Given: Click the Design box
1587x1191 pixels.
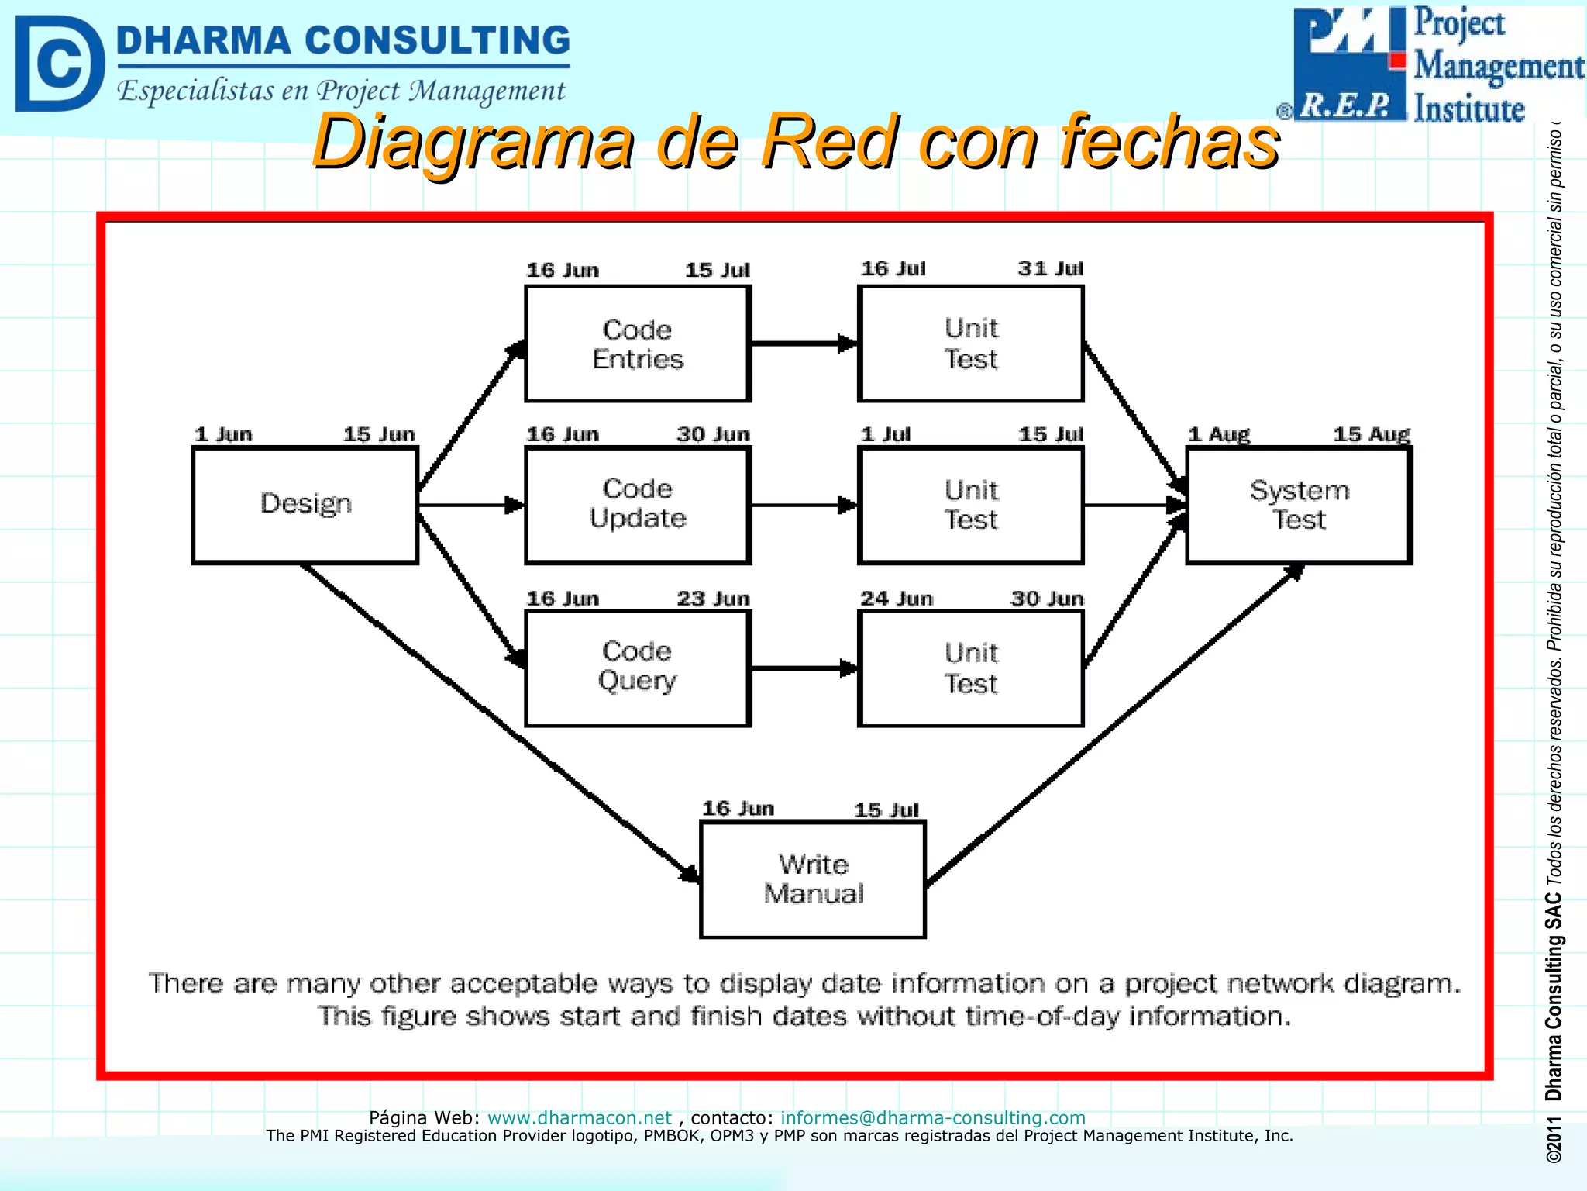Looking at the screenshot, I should click(x=305, y=505).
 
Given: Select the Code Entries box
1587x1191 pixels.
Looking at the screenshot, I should click(x=638, y=343).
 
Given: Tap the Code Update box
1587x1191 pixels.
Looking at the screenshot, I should click(x=638, y=505).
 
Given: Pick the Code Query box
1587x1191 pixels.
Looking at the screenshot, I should click(x=638, y=668).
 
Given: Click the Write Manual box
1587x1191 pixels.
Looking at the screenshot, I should click(x=813, y=879).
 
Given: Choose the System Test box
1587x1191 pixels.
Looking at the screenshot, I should click(x=1299, y=505).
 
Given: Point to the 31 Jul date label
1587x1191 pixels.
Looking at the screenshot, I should click(x=1050, y=268).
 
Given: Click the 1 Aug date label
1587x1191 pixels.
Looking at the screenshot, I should click(x=1219, y=434).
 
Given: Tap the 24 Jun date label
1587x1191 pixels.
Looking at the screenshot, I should click(x=896, y=599).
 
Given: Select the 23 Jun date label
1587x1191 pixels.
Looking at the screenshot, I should click(x=713, y=599).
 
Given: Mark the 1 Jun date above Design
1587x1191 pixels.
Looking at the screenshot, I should click(x=223, y=434).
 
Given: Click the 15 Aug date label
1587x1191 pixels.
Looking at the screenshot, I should click(x=1371, y=434).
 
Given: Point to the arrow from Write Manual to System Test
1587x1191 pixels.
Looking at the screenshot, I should click(x=1116, y=725).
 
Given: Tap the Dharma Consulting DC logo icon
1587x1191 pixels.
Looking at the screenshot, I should click(x=59, y=64).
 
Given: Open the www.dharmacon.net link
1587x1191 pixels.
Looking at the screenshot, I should click(x=579, y=1117).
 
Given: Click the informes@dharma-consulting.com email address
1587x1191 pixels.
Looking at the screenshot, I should click(x=932, y=1117).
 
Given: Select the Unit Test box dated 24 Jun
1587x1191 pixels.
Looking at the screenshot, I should click(x=970, y=668).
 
